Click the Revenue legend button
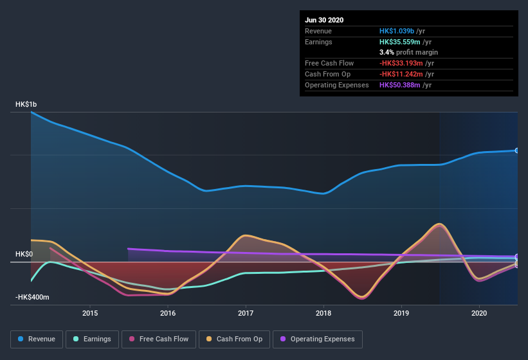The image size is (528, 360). tap(37, 339)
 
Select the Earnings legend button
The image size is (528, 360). tap(92, 339)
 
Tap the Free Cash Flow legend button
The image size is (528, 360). tap(159, 339)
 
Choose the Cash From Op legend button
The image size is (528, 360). tap(234, 339)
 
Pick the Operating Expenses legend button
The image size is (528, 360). tap(317, 339)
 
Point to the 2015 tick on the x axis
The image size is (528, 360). tap(90, 313)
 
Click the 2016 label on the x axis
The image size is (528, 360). tap(168, 313)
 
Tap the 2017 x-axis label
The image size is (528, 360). tap(246, 313)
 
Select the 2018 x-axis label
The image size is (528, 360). tap(323, 313)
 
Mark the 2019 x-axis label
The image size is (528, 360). tap(401, 313)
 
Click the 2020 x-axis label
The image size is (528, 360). tap(479, 313)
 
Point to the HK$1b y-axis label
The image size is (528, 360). tap(26, 104)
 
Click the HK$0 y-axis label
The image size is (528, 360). tap(24, 254)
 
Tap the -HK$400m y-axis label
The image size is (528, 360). tap(32, 298)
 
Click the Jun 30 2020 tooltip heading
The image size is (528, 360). tap(324, 20)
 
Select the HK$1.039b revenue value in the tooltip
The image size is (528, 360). tap(397, 31)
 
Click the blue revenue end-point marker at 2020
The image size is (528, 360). tap(517, 150)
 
